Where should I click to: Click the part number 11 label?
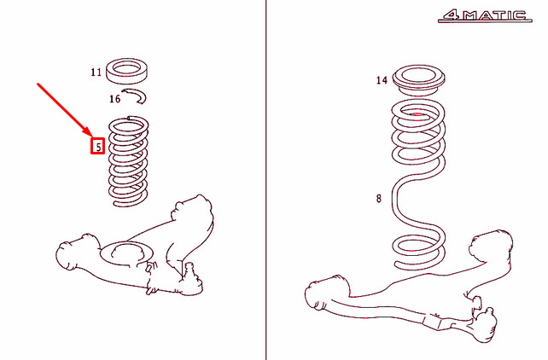[x=96, y=72]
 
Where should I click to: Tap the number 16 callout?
[x=114, y=99]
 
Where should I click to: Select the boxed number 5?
[x=98, y=146]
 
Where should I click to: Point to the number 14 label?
[x=382, y=80]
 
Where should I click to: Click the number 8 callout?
[x=379, y=198]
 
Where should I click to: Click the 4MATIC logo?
[x=485, y=15]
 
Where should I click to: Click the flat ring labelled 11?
[x=126, y=79]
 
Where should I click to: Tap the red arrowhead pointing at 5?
[x=89, y=132]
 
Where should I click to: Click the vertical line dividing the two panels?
[x=266, y=180]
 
